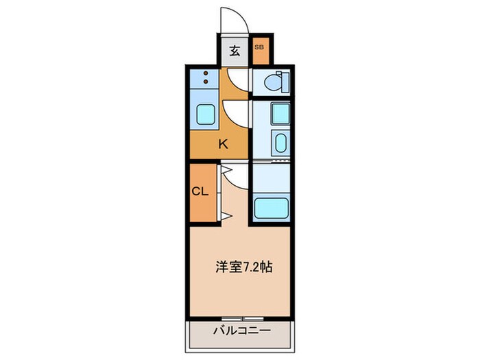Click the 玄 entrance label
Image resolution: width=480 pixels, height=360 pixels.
click(x=235, y=50)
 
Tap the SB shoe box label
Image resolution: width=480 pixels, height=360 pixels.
click(x=259, y=47)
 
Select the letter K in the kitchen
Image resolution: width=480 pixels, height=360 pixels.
click(x=223, y=144)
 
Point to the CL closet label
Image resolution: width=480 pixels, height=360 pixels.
click(x=200, y=192)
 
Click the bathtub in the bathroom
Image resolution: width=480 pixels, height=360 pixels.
click(x=272, y=208)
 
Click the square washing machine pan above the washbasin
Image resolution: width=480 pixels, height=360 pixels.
click(x=280, y=112)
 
